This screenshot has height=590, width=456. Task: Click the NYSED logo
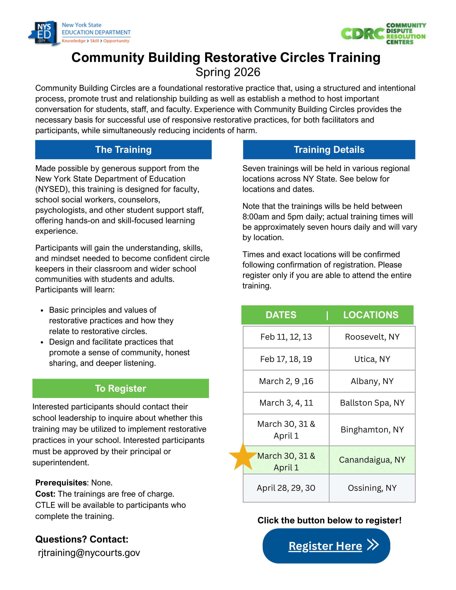click(79, 33)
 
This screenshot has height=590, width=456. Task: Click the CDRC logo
click(383, 34)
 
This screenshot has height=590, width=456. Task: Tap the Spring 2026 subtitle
click(228, 72)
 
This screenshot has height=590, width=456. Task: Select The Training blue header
click(123, 150)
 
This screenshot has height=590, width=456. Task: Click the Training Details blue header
click(329, 150)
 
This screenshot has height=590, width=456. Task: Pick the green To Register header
click(120, 388)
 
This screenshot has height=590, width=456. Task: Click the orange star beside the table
click(242, 457)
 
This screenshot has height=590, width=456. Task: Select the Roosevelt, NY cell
click(372, 337)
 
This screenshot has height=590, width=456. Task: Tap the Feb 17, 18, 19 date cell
click(286, 359)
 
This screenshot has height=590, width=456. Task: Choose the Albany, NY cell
click(372, 381)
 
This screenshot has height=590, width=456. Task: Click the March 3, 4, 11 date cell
click(286, 403)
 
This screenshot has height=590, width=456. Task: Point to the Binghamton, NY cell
click(372, 430)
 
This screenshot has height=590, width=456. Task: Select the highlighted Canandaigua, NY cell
click(372, 459)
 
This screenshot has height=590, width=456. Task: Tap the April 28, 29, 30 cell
click(286, 488)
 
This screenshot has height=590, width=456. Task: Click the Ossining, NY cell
click(372, 488)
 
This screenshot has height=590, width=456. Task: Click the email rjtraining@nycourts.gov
click(89, 553)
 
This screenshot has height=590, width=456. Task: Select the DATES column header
click(281, 315)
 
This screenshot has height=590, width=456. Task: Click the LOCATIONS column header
click(371, 315)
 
